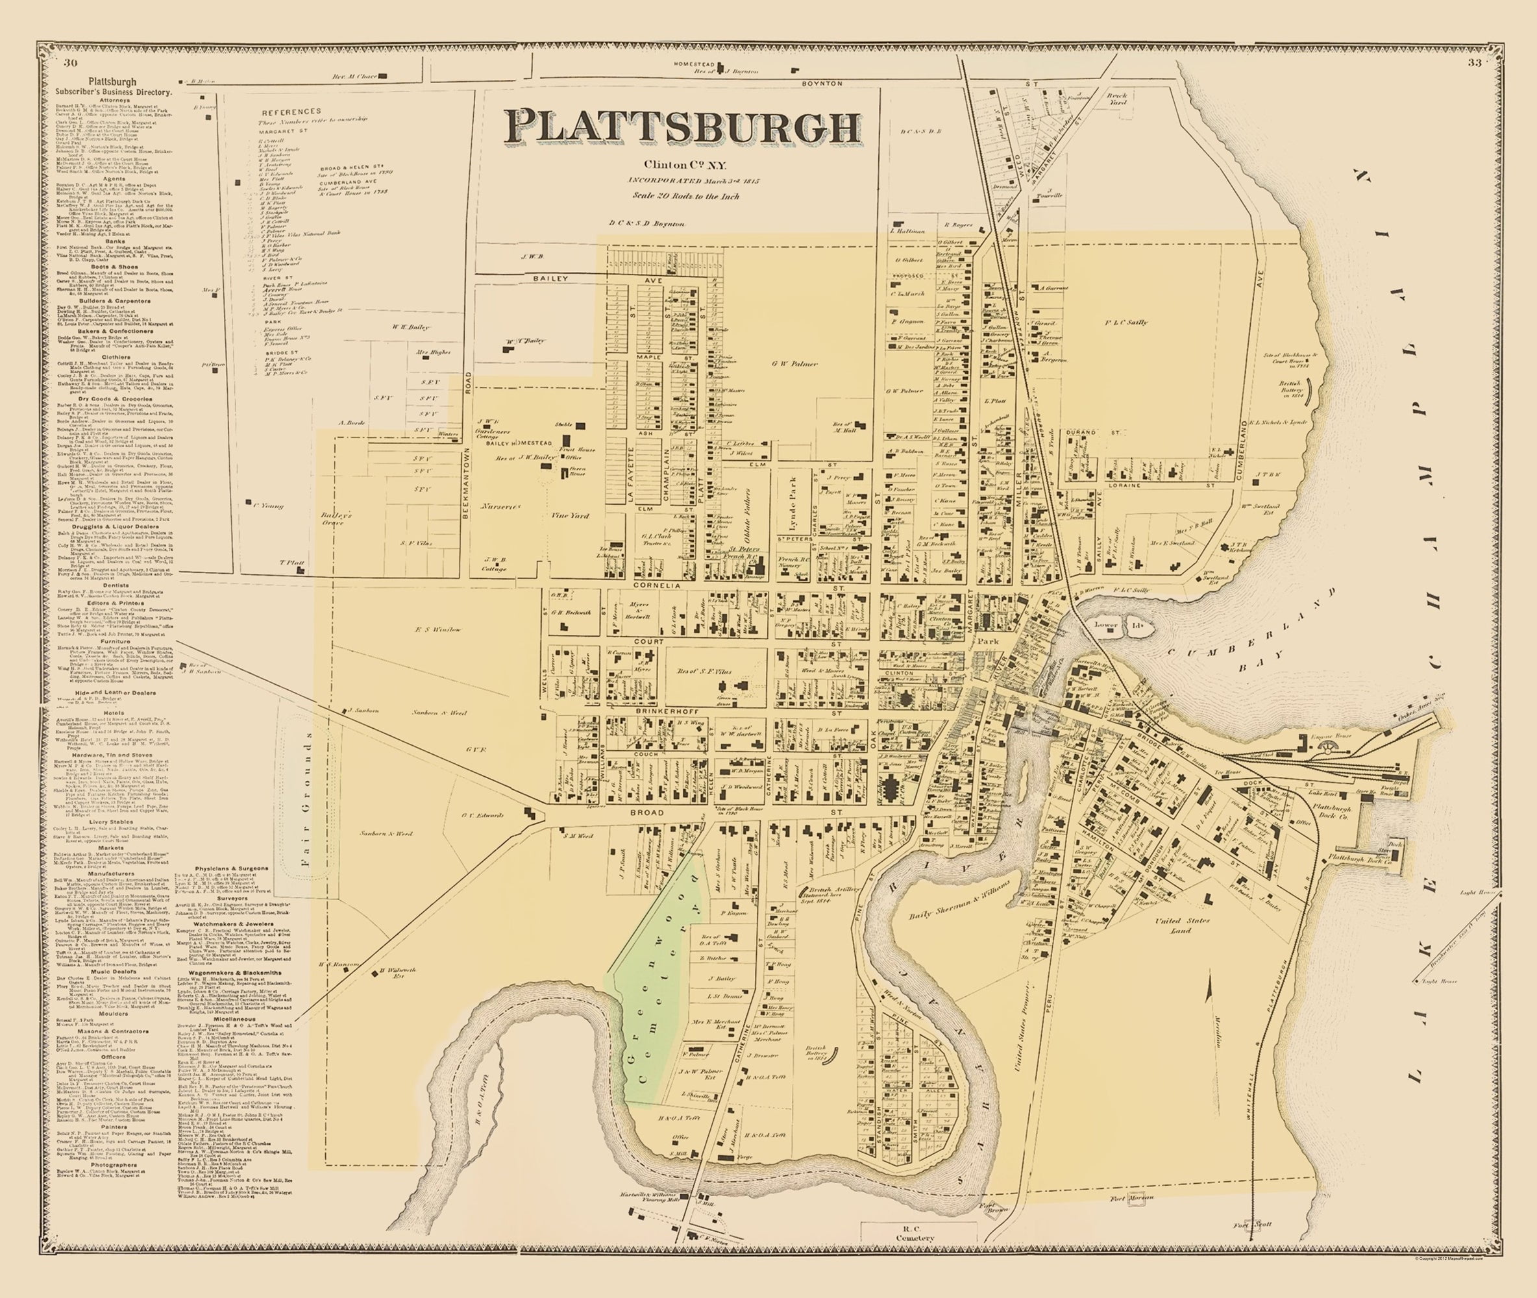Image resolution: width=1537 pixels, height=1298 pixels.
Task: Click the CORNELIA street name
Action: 655,584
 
